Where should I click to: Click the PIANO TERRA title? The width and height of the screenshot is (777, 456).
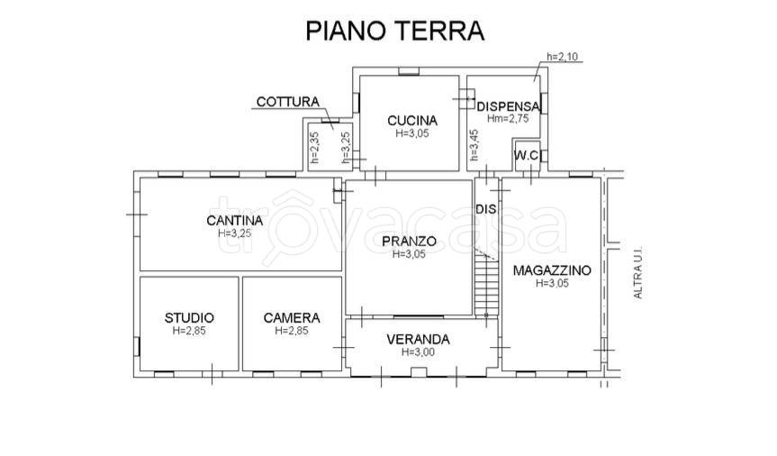tap(394, 31)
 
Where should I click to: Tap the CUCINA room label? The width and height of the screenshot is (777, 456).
tap(412, 121)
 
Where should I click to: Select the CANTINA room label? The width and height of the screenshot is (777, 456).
tap(234, 220)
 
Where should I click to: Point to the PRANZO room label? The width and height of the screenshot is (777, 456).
tap(410, 242)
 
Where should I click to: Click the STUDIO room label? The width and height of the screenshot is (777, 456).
tap(189, 317)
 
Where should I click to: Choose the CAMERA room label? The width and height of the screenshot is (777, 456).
tap(292, 317)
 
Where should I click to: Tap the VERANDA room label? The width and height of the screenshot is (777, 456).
tap(419, 340)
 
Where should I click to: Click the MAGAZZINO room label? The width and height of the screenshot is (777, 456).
tap(552, 270)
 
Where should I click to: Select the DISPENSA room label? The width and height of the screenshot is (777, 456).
tap(509, 106)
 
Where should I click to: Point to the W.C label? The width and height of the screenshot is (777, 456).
tap(527, 155)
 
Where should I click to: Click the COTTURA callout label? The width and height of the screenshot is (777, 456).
tap(288, 102)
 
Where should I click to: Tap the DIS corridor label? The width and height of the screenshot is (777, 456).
tap(486, 209)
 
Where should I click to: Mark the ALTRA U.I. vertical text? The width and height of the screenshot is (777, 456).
tap(638, 272)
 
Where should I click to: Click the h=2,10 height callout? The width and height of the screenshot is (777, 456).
tap(563, 57)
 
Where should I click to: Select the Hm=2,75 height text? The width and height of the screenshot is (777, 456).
tap(508, 119)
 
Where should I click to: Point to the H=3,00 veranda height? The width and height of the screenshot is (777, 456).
tap(419, 351)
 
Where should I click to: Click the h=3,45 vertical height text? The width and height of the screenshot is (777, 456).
tap(474, 145)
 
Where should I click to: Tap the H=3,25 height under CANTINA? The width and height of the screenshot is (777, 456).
tap(234, 233)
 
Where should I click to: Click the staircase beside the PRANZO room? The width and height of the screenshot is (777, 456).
tap(486, 283)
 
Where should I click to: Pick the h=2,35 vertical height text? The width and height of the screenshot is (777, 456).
tap(314, 148)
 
